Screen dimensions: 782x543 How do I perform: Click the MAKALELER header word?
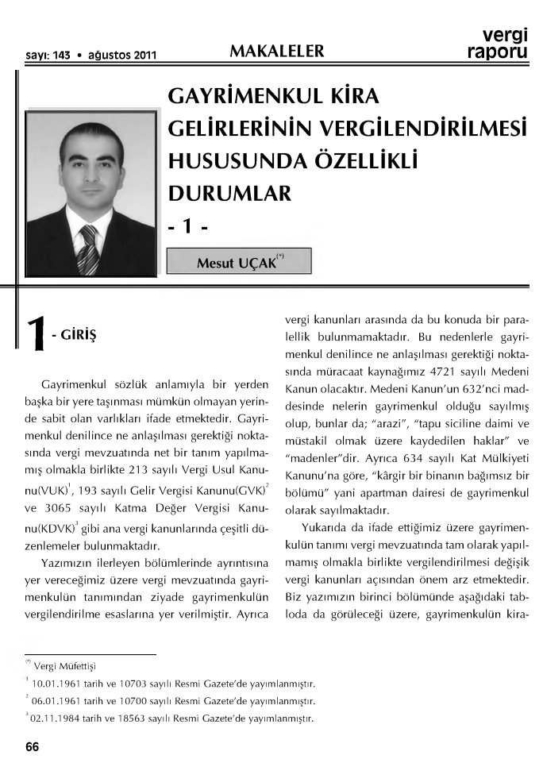[x=276, y=52]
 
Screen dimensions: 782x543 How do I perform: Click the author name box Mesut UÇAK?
[x=238, y=261]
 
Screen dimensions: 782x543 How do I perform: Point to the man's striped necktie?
[x=88, y=248]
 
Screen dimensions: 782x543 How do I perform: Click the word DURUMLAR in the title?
[x=230, y=192]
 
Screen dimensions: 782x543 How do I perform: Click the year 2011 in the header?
[x=141, y=56]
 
